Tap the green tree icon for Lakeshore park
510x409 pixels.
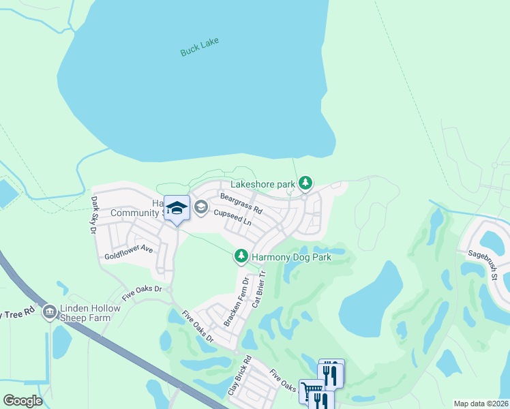click(306, 183)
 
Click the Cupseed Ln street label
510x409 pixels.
click(233, 218)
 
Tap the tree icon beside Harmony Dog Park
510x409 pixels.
click(241, 256)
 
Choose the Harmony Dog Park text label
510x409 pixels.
click(291, 258)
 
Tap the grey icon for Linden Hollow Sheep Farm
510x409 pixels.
click(49, 313)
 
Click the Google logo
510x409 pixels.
click(22, 400)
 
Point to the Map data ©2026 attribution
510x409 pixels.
click(480, 404)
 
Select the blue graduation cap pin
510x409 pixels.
click(177, 209)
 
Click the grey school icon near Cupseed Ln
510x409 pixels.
click(201, 207)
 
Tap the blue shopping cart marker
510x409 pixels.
click(311, 391)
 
